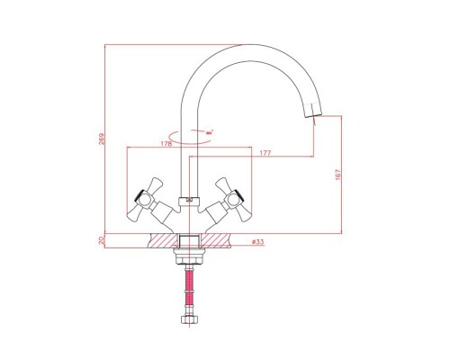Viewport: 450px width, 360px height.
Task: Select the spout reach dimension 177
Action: click(x=265, y=154)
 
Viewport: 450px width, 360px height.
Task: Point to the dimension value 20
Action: click(x=103, y=240)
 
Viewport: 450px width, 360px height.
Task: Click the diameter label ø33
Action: click(x=256, y=241)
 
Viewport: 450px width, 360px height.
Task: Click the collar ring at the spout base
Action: click(x=189, y=199)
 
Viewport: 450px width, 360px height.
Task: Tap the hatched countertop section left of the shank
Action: click(x=161, y=240)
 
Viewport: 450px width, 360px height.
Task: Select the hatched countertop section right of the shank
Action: click(x=217, y=240)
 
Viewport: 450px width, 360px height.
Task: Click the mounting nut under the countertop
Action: click(x=189, y=256)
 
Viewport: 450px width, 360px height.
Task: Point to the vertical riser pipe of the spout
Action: click(x=189, y=162)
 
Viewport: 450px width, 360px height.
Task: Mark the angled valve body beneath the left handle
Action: click(x=166, y=213)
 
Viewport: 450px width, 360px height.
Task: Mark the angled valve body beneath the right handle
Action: click(x=212, y=213)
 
